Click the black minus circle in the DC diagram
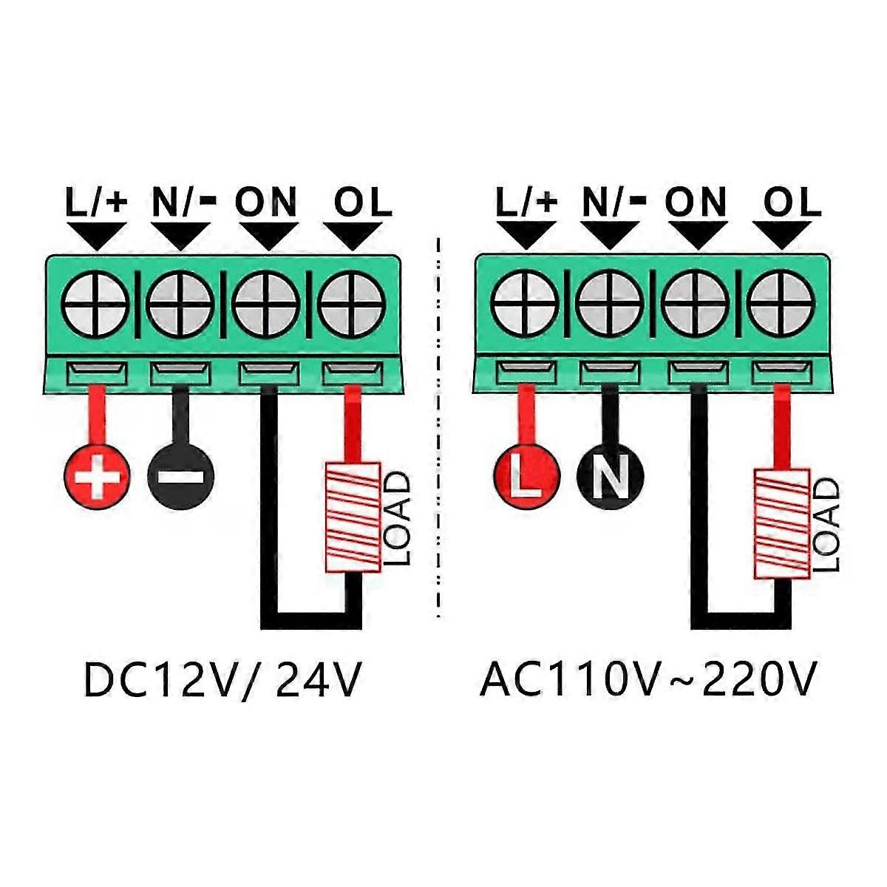tap(181, 476)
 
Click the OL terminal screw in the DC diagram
tap(351, 304)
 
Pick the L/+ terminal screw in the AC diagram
tap(524, 304)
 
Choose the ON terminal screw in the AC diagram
tap(695, 304)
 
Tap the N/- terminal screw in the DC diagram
tap(180, 304)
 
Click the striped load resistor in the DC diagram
tap(353, 517)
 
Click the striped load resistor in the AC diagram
tap(781, 523)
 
